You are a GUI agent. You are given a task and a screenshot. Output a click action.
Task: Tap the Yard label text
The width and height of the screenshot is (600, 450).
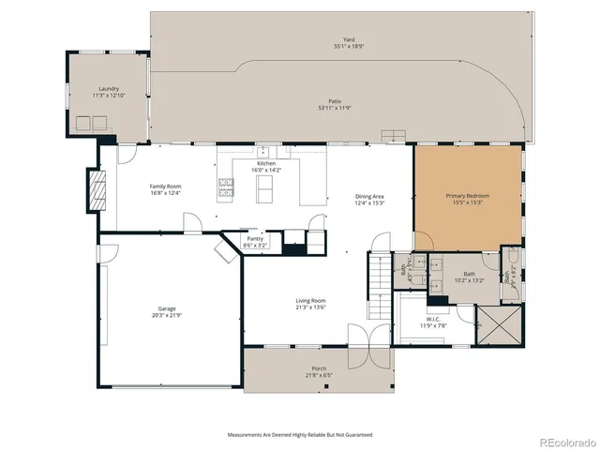[348, 40]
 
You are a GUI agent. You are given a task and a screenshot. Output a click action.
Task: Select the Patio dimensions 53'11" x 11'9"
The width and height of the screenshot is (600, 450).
[334, 107]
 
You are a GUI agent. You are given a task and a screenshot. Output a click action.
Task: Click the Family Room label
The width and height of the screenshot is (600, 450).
[165, 186]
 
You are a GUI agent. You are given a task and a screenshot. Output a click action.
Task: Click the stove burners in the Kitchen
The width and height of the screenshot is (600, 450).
[226, 188]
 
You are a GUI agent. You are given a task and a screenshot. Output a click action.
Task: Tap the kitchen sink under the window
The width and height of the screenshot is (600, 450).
[264, 151]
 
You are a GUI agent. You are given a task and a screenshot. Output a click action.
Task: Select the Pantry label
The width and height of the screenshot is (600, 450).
[255, 238]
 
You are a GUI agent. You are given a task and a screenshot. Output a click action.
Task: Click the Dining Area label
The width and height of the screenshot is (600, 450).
[369, 196]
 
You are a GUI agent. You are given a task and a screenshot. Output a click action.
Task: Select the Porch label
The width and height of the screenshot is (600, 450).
[319, 369]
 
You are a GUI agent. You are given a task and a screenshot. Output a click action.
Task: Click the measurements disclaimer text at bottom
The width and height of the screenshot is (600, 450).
[300, 435]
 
